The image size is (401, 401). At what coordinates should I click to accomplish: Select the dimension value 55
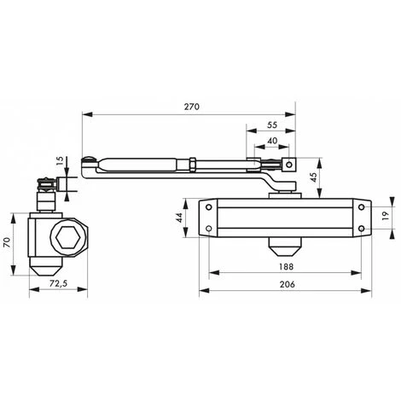[270, 124]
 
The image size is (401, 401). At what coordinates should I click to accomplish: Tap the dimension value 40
[270, 141]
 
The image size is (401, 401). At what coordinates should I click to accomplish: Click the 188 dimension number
[286, 266]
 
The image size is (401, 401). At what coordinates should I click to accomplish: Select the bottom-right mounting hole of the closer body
[363, 228]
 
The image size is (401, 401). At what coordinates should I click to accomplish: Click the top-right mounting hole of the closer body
[363, 207]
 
